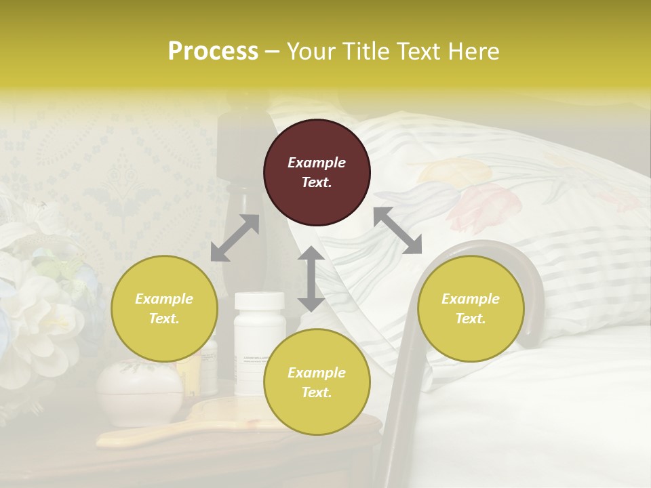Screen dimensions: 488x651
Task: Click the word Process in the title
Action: pyautogui.click(x=213, y=52)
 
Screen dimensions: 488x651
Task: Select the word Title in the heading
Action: pyautogui.click(x=365, y=52)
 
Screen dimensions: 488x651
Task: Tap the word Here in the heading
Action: pyautogui.click(x=473, y=52)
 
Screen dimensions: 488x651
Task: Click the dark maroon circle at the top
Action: pyautogui.click(x=317, y=172)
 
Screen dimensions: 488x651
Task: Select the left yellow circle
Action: pyautogui.click(x=164, y=308)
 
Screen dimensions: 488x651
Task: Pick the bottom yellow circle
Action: pyautogui.click(x=317, y=382)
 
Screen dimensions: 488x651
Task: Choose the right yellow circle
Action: pyautogui.click(x=471, y=308)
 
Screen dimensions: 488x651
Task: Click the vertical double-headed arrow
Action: pyautogui.click(x=311, y=279)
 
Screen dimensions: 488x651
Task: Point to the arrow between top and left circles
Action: pyautogui.click(x=235, y=238)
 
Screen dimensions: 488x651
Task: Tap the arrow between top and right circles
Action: pyautogui.click(x=397, y=230)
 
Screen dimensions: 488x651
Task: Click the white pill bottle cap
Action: pyautogui.click(x=260, y=300)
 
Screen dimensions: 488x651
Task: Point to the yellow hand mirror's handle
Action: pyautogui.click(x=129, y=438)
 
